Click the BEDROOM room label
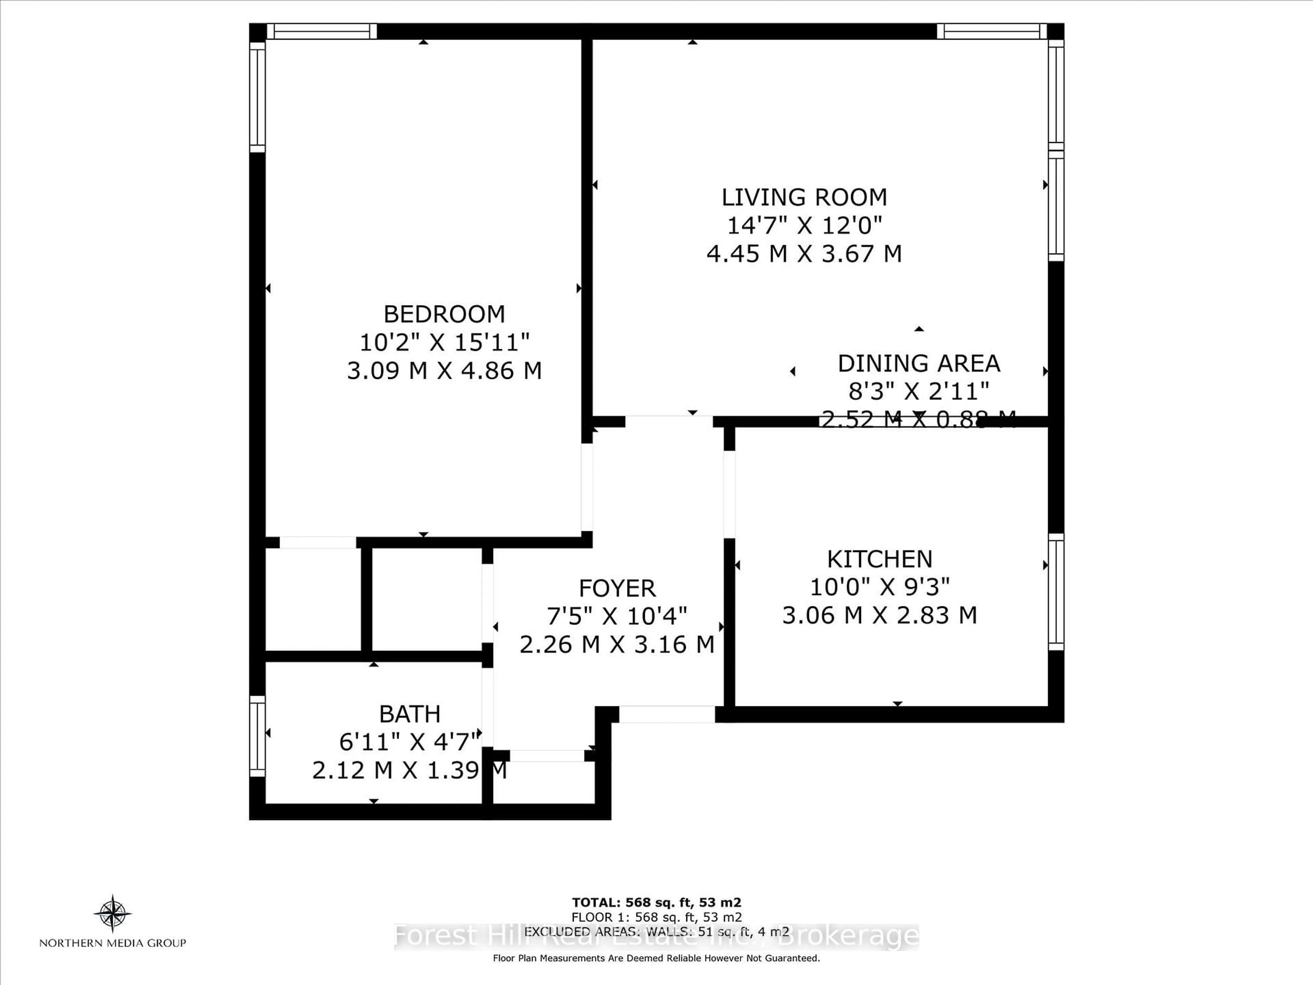444,314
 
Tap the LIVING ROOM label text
804,197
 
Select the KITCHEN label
880,559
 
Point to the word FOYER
617,588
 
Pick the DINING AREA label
918,363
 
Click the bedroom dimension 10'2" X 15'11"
444,342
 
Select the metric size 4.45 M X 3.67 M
804,253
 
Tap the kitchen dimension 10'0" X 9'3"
880,587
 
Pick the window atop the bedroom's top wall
321,31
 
